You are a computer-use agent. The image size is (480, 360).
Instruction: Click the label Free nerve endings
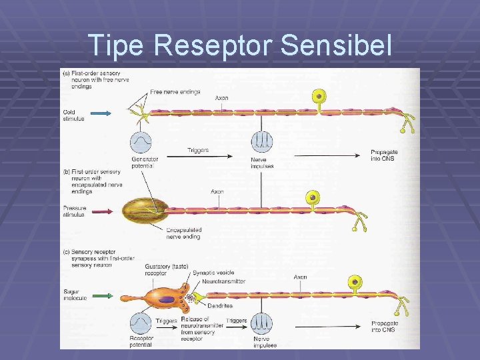click(175, 92)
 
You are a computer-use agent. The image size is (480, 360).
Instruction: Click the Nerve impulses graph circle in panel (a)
click(261, 142)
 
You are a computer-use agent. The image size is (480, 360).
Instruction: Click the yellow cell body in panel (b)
click(311, 198)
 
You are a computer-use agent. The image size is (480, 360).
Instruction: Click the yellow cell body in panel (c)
click(355, 283)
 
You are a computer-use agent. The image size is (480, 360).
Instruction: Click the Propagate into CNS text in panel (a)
click(385, 155)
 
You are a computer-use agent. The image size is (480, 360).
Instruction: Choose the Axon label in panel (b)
click(217, 191)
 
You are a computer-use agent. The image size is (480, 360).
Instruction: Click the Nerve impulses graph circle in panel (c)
click(261, 323)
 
